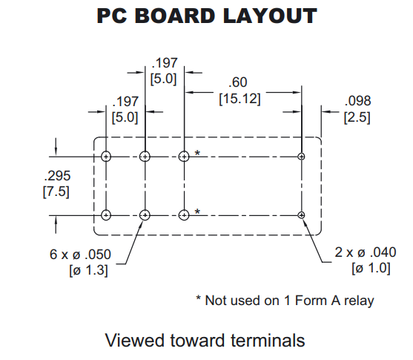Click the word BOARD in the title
point(175,16)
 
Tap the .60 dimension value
point(238,82)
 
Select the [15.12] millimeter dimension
point(239,99)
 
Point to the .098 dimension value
point(357,101)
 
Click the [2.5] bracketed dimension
point(357,117)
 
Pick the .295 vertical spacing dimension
point(57,176)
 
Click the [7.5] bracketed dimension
point(56,192)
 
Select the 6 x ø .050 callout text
point(80,255)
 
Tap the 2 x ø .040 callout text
point(366,252)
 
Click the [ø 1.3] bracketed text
point(88,270)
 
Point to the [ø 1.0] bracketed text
point(371,268)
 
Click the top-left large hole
point(106,157)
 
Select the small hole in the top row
point(301,157)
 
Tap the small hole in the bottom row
point(301,215)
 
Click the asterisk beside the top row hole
point(197,153)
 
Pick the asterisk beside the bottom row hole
point(197,212)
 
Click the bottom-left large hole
point(106,215)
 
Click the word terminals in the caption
point(268,340)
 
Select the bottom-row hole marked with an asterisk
point(184,215)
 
